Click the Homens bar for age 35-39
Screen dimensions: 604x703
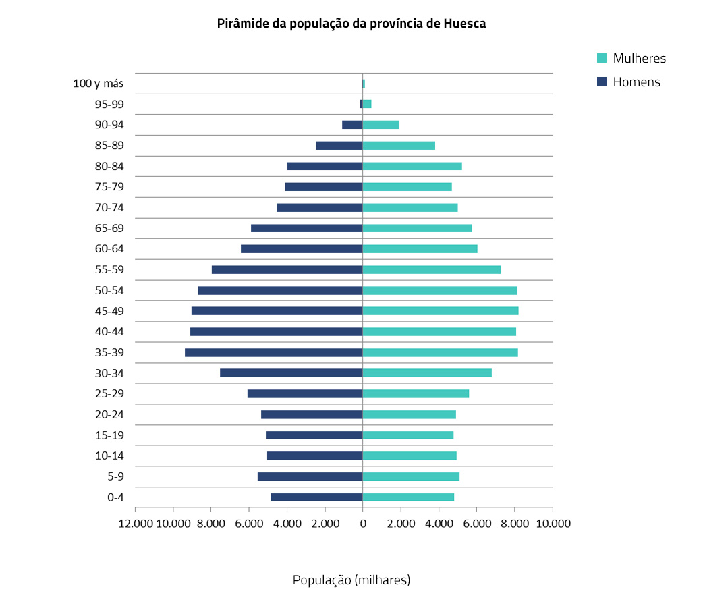[x=273, y=352]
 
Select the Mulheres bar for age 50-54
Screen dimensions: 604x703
[x=440, y=290]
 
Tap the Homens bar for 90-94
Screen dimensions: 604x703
[x=352, y=125]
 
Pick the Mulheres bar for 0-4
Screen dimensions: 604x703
[x=408, y=497]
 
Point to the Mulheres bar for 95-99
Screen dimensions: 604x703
[x=367, y=104]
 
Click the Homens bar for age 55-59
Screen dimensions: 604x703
[x=287, y=269]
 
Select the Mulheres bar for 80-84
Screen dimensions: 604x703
[x=412, y=166]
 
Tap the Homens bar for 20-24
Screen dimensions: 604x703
[x=312, y=414]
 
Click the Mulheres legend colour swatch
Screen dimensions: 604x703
[x=602, y=58]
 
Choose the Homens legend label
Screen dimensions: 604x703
[x=636, y=82]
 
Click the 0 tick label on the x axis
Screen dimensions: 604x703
[x=363, y=524]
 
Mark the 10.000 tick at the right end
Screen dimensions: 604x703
[x=552, y=524]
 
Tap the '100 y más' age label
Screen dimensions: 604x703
[x=99, y=84]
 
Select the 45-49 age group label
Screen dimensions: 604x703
[x=109, y=311]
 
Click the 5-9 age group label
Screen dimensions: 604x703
[x=115, y=476]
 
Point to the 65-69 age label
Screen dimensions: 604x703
[x=109, y=228]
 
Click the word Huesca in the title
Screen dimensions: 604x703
[x=465, y=24]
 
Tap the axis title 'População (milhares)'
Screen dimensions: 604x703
[x=351, y=580]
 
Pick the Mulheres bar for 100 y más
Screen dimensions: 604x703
[x=364, y=84]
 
